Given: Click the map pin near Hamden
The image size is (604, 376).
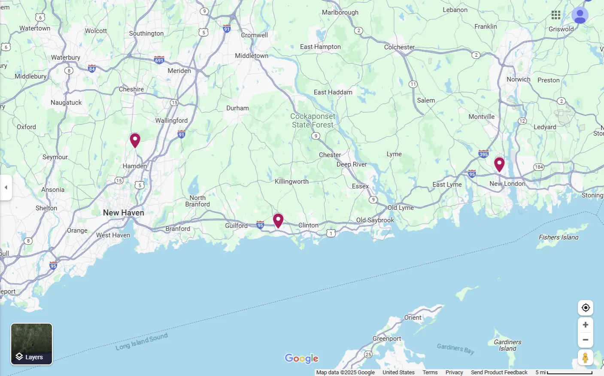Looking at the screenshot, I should tap(135, 140).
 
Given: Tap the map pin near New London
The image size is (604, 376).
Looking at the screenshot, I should tap(499, 164).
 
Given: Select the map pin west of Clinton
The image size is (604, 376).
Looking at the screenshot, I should tap(278, 220).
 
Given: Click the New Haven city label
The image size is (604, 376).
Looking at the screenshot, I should tap(123, 212).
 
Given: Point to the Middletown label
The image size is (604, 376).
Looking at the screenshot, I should tap(252, 56).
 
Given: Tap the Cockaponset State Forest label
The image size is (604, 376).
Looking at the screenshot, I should tap(313, 121).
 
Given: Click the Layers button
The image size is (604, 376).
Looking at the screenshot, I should tap(31, 344).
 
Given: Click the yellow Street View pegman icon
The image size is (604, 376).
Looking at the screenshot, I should tap(585, 358).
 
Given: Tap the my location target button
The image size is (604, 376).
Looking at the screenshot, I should tap(585, 308).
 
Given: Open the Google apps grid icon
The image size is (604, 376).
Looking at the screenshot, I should tap(556, 15).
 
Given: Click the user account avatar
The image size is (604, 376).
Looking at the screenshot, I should tap(580, 15).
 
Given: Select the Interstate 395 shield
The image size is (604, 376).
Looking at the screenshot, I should tap(483, 154).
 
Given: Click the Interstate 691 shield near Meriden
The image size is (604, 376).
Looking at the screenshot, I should tap(159, 60).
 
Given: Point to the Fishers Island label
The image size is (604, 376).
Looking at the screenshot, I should tap(558, 237).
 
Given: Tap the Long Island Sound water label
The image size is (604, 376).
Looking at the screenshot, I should tap(142, 342).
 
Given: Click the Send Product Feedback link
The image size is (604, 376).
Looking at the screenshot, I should tap(499, 372).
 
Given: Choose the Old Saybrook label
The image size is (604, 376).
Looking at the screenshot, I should tap(375, 220).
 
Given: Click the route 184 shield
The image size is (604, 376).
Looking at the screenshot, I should tap(539, 167).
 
